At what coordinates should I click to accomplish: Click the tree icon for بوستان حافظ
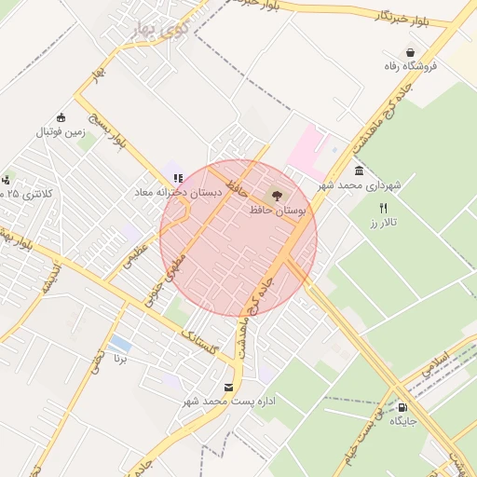(275, 197)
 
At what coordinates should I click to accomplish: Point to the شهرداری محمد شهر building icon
(360, 171)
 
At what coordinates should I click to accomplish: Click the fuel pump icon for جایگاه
(402, 407)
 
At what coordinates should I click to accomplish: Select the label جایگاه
(402, 422)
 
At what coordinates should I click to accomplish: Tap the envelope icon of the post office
(229, 387)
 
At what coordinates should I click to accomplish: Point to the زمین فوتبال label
(61, 132)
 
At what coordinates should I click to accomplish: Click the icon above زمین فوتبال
(61, 117)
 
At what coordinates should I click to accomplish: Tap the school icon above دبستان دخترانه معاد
(177, 177)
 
